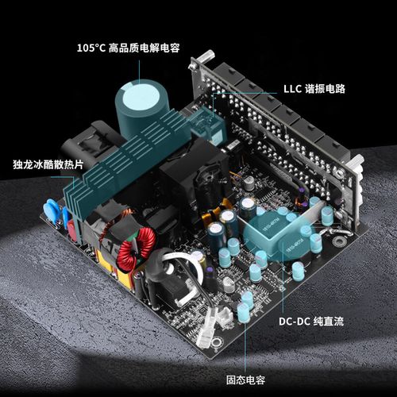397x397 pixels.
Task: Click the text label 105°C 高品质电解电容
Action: (128, 48)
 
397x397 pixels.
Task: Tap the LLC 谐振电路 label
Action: (314, 89)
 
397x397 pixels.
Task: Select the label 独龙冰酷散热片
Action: (48, 164)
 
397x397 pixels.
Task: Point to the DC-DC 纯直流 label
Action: (311, 322)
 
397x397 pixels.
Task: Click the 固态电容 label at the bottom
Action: (245, 380)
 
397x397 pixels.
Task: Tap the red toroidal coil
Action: (137, 249)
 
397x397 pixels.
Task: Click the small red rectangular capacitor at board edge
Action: (72, 231)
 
